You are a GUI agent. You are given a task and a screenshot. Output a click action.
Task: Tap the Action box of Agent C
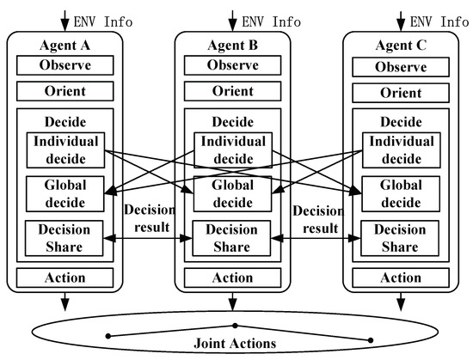(x=400, y=278)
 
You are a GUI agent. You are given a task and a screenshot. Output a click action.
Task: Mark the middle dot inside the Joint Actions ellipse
(x=235, y=326)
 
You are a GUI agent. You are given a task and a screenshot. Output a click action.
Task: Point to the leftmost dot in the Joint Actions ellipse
(x=107, y=335)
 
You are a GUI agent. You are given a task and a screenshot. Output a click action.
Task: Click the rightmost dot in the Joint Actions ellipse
(x=371, y=339)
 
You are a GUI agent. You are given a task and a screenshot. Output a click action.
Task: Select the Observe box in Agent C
(x=400, y=65)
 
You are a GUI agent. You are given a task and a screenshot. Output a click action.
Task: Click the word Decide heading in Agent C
(x=400, y=122)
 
